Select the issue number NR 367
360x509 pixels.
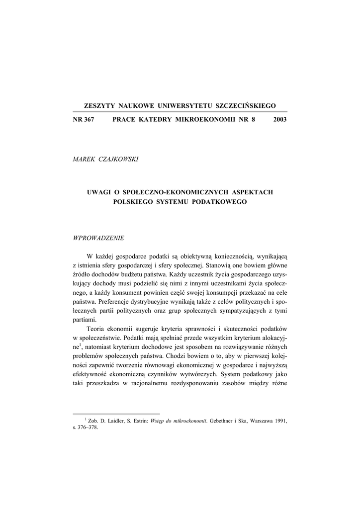coord(84,120)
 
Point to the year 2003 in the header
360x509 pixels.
coord(280,120)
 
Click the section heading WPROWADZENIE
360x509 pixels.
coord(98,238)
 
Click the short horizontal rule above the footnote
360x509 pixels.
coord(116,413)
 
